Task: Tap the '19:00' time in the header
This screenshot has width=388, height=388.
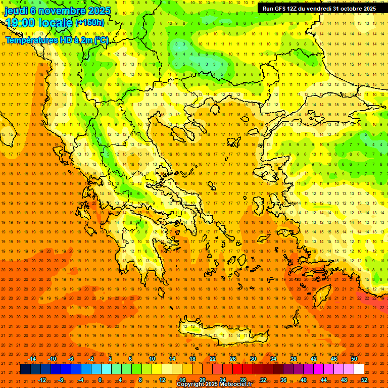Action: (x=18, y=23)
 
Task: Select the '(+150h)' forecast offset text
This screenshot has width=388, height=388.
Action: (x=90, y=23)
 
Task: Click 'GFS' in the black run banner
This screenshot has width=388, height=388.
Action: (x=283, y=9)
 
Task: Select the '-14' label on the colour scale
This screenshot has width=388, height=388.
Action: (x=31, y=359)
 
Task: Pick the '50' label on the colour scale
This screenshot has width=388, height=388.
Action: (x=354, y=359)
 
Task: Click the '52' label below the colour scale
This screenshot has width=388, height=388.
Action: (x=364, y=380)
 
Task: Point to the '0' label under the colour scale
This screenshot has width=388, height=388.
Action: (x=100, y=380)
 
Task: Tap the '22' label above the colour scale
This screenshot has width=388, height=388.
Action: (x=213, y=359)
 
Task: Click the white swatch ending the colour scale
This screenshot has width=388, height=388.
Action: (x=359, y=369)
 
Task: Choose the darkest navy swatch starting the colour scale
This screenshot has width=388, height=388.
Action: (x=26, y=369)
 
